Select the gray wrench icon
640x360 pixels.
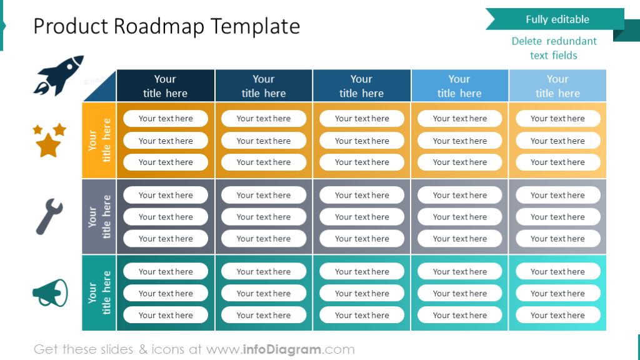(49, 216)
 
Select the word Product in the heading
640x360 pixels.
(70, 26)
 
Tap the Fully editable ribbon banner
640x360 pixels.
(556, 19)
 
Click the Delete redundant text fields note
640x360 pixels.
(554, 48)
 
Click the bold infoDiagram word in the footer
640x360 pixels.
(281, 349)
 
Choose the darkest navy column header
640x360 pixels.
(165, 86)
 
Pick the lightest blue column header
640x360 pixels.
(557, 86)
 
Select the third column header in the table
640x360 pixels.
(361, 86)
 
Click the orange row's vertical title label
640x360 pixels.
(99, 140)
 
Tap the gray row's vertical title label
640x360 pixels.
(99, 217)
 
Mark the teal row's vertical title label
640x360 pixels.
(99, 292)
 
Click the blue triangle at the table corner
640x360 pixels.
(104, 91)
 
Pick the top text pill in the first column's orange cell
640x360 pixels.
(166, 119)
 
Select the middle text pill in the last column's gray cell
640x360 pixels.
(557, 217)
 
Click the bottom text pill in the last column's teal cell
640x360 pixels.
(557, 315)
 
